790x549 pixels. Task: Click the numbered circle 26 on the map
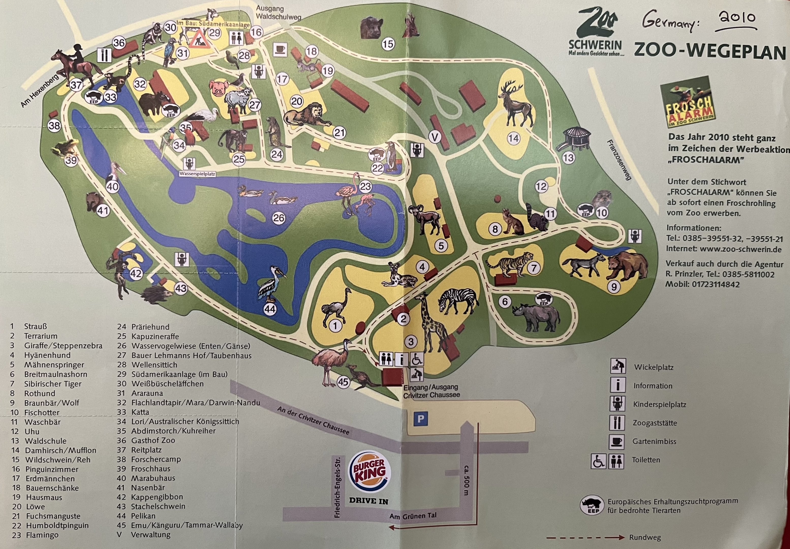[x=278, y=218]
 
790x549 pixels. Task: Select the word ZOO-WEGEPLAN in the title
[x=710, y=51]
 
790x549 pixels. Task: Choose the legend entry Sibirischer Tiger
[x=53, y=384]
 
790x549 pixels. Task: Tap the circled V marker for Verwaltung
[x=435, y=138]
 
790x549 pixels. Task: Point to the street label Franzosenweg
[x=619, y=160]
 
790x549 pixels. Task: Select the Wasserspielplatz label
[x=197, y=174]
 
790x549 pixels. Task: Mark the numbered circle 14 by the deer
[x=514, y=138]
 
